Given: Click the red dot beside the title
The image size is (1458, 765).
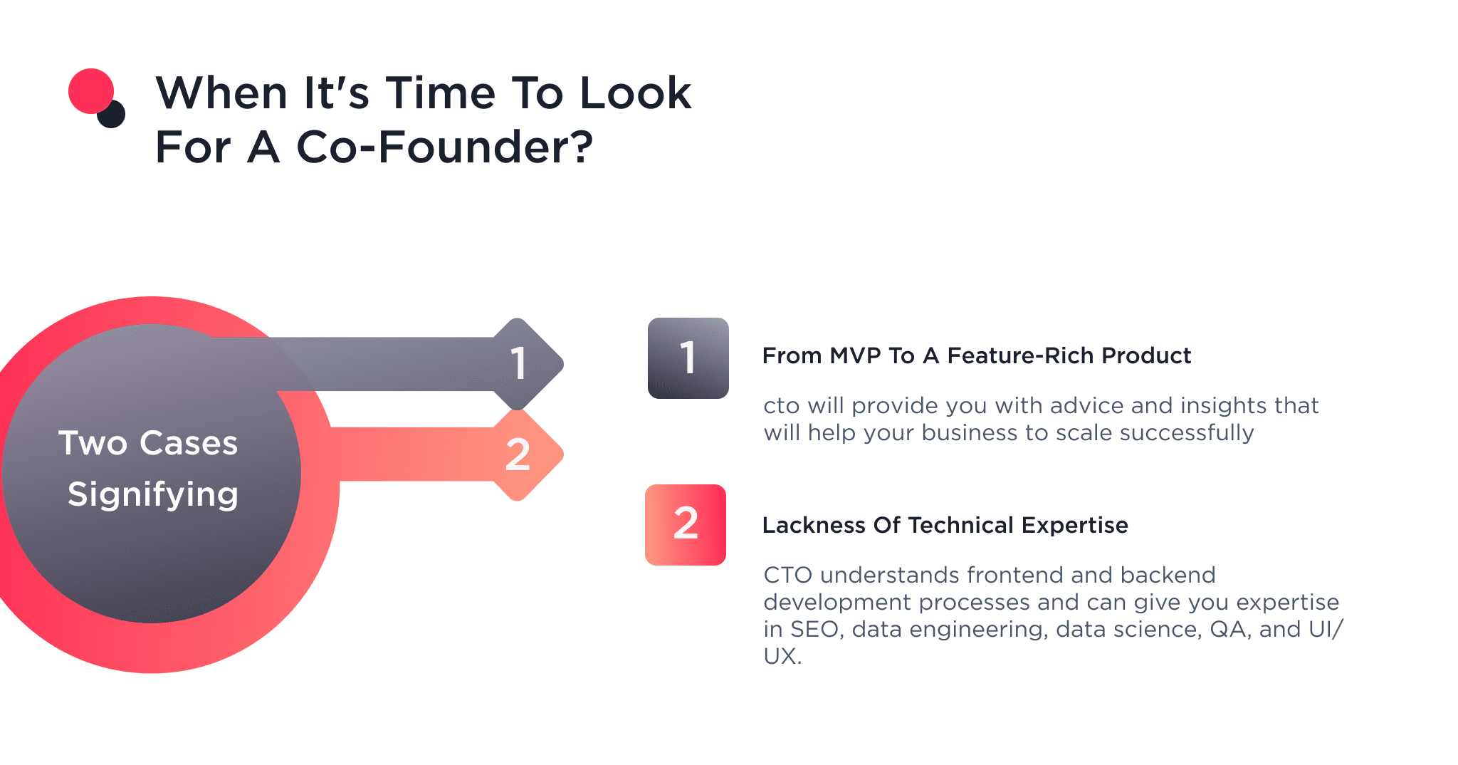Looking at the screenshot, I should (90, 90).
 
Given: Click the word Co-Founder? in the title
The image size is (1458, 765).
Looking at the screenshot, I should (444, 147).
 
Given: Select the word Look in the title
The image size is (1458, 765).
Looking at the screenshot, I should (635, 93).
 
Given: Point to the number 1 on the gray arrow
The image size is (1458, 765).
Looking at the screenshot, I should (518, 363).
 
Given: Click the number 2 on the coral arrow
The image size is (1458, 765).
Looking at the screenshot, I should (518, 454).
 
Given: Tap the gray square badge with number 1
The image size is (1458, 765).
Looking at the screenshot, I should (688, 358).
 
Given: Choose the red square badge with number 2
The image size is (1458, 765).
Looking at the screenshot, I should (685, 524).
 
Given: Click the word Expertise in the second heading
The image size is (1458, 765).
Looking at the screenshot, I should (1074, 525).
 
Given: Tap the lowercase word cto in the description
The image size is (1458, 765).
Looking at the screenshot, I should (781, 406).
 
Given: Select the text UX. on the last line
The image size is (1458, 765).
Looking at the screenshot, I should (782, 657).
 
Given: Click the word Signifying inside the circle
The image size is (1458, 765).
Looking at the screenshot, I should (152, 494).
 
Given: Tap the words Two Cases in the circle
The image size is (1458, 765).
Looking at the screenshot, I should (148, 443).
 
